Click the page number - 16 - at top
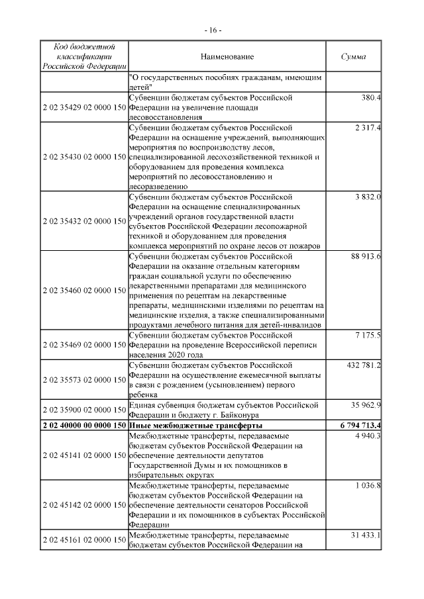(x=212, y=30)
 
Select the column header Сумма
(x=353, y=58)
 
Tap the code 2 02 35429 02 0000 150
(x=83, y=107)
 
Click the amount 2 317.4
(x=368, y=126)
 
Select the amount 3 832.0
(x=368, y=197)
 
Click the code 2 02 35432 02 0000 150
(x=83, y=220)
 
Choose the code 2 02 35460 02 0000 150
(x=83, y=290)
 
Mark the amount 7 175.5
(x=368, y=336)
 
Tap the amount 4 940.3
(x=368, y=435)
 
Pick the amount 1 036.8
(x=368, y=484)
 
